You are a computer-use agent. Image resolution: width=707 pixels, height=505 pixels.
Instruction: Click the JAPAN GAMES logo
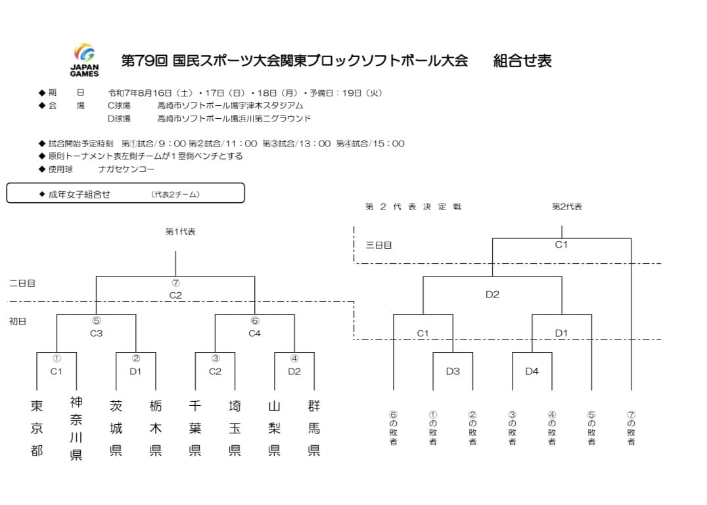point(84,60)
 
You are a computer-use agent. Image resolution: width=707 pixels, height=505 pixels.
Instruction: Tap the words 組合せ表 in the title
point(522,60)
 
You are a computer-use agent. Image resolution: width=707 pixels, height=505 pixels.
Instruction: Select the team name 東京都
point(37,428)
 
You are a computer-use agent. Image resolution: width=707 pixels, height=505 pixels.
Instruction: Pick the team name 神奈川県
point(76,428)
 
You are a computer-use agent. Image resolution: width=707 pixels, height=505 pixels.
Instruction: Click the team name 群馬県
point(314,428)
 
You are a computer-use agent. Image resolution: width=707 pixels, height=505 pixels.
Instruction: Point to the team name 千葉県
point(194,428)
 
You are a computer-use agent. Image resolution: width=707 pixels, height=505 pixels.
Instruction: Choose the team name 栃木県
point(156,428)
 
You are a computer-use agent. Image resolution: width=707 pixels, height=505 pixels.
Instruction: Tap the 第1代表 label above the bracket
point(180,232)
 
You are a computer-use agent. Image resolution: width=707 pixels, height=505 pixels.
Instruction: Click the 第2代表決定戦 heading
point(413,207)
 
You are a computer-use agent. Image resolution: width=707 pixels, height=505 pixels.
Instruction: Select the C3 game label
point(96,334)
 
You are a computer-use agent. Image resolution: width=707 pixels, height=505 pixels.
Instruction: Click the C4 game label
point(255,334)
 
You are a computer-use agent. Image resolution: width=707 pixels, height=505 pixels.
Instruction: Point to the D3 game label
point(453,371)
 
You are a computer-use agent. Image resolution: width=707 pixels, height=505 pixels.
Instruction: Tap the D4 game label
point(532,371)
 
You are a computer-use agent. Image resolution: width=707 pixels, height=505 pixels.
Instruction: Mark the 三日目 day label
point(378,245)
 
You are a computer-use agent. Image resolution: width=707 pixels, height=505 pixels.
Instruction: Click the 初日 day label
point(18,321)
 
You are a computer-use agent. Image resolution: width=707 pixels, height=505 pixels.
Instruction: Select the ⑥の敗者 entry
point(393,428)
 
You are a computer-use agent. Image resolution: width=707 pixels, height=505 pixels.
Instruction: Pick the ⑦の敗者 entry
point(631,428)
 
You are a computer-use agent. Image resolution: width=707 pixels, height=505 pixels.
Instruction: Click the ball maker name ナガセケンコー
point(126,169)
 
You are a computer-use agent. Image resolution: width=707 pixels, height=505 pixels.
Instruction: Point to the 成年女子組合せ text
point(80,194)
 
